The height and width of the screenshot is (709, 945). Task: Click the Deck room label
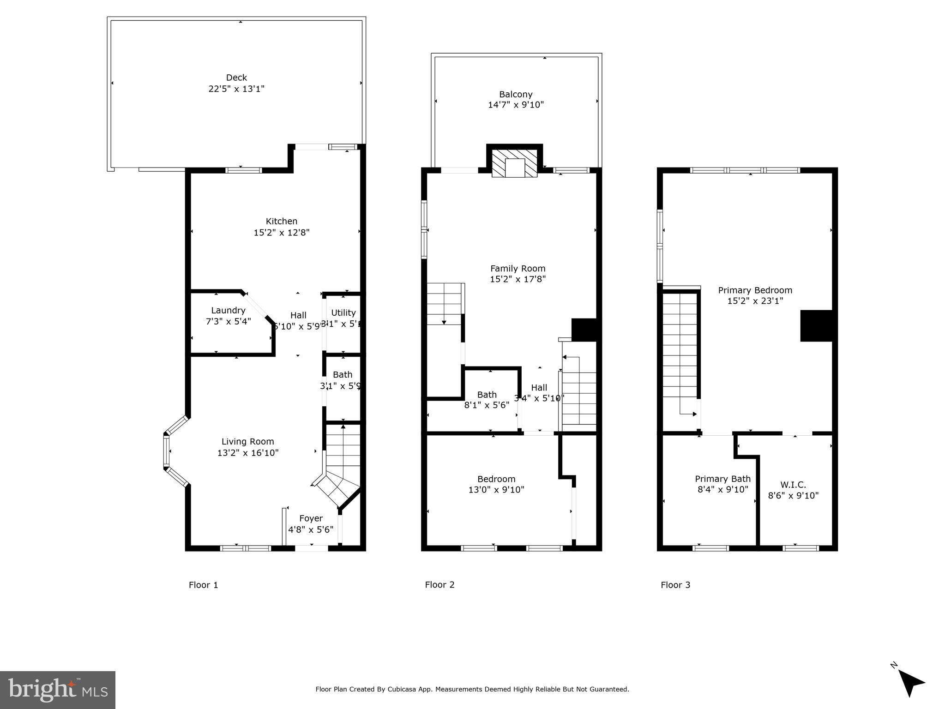coord(236,78)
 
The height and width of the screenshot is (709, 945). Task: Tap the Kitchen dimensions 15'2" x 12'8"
coord(281,233)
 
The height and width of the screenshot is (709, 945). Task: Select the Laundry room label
coord(228,310)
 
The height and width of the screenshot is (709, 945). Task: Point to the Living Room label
coord(247,442)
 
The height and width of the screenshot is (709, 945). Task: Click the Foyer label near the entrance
coord(311,518)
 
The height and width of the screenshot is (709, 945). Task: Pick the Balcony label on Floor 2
coord(516,94)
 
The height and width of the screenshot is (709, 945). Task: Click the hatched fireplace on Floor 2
coord(515,162)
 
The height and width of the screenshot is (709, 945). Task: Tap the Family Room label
coord(518,268)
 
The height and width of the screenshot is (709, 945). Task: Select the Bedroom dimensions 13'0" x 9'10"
coord(496,490)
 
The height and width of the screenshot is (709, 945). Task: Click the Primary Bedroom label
coord(755,290)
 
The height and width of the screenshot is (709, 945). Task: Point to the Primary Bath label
coord(722,479)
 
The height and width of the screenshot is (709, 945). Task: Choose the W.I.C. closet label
coord(793,485)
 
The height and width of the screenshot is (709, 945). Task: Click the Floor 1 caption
coord(203,585)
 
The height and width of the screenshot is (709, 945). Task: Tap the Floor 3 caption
coord(675,585)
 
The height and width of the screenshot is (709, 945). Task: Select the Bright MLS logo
coord(57,690)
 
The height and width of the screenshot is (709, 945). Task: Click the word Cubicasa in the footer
coord(402,689)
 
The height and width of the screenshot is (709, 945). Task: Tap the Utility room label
coord(343,312)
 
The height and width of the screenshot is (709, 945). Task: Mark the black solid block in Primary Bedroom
coord(816,326)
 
